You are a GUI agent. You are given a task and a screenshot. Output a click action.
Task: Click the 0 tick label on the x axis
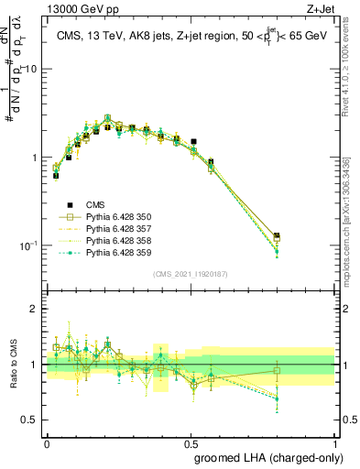(x=47, y=442)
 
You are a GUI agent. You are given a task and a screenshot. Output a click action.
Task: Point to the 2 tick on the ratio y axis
(x=34, y=310)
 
